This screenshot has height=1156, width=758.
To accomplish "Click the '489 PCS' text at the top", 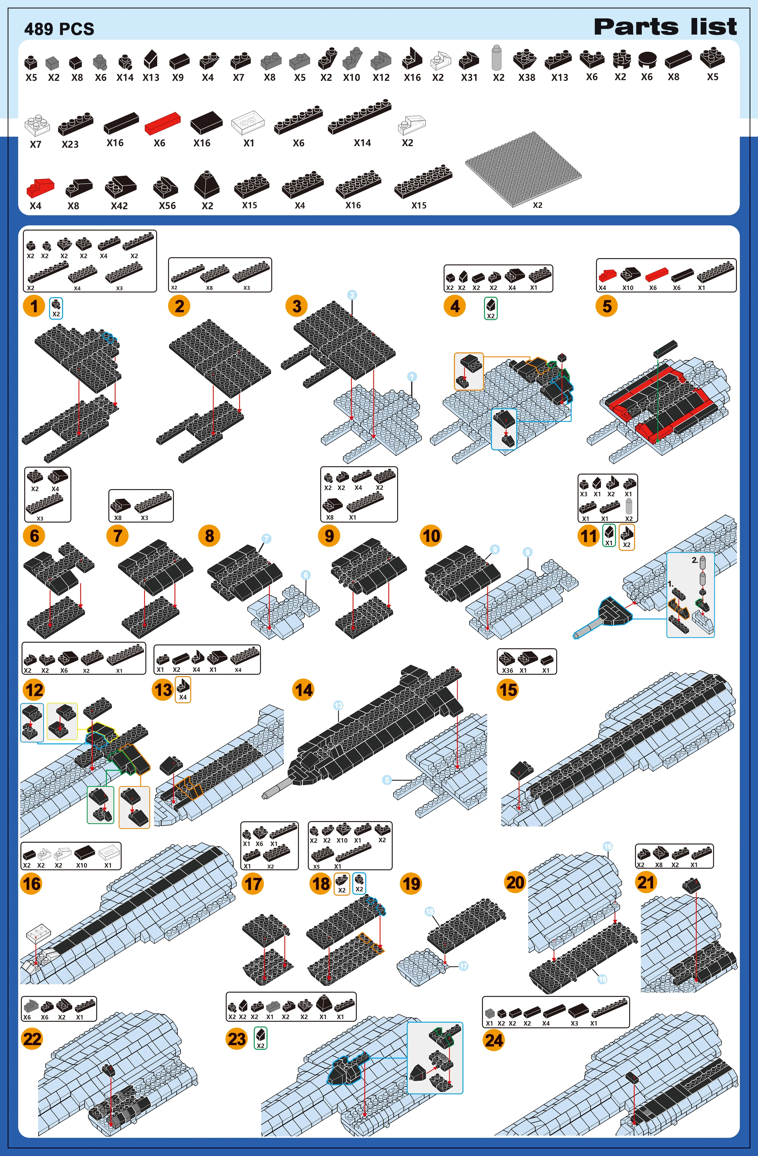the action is pyautogui.click(x=59, y=29).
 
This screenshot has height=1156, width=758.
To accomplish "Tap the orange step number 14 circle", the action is pyautogui.click(x=303, y=690).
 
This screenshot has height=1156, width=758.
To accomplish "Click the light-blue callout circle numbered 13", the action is pyautogui.click(x=338, y=705).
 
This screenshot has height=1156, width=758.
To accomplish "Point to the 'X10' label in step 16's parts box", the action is pyautogui.click(x=82, y=865).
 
